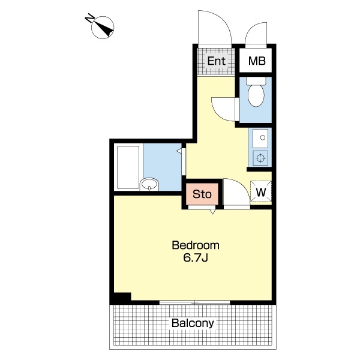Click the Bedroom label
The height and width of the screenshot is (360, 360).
point(196,245)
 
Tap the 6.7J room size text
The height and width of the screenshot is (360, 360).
point(196,258)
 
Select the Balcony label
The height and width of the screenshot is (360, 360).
point(193,323)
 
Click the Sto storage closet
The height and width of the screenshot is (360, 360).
point(202,194)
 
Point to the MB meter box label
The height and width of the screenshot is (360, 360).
point(257,61)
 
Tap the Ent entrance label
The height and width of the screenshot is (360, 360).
point(216,61)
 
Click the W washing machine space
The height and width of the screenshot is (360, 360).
point(261,192)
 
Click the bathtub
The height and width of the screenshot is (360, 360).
point(128,167)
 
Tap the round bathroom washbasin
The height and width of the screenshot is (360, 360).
point(149,184)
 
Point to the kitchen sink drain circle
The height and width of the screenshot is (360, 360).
point(263,138)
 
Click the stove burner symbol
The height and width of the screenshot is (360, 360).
point(260,158)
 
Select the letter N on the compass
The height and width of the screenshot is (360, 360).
point(90,18)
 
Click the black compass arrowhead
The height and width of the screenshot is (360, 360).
point(107,31)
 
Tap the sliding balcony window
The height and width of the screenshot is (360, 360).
point(194,302)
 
